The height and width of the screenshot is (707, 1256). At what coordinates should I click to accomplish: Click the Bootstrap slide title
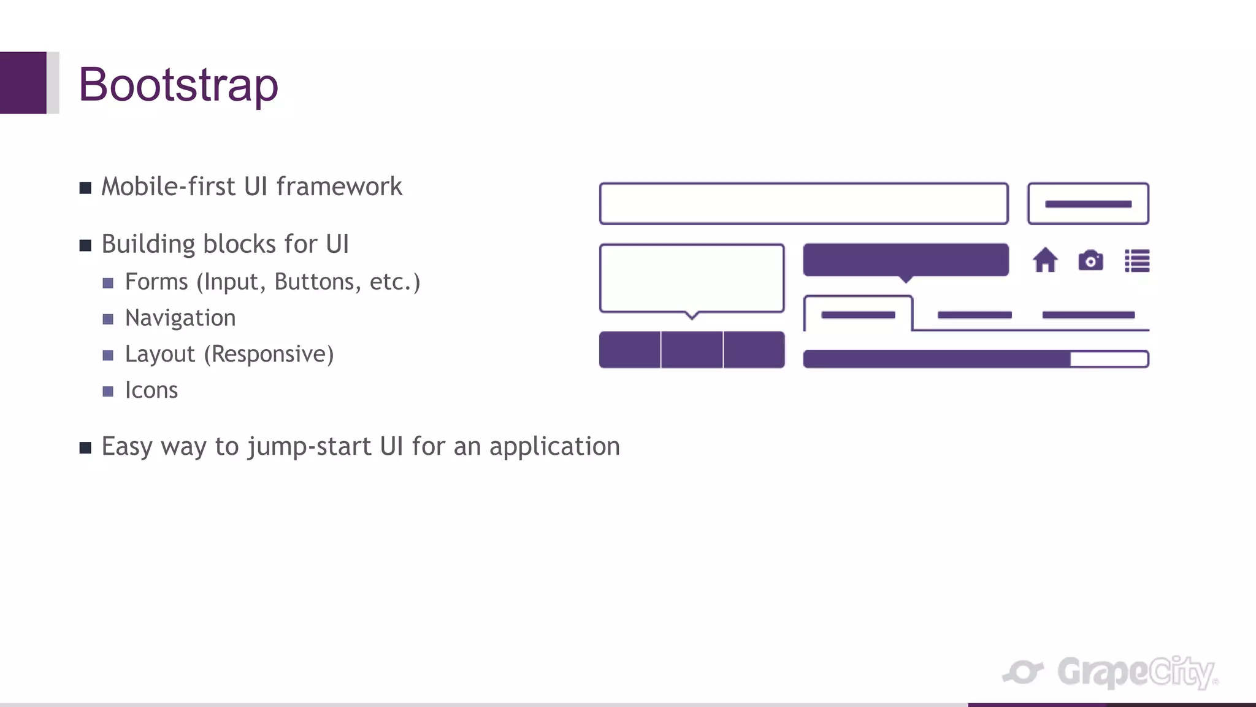click(x=178, y=85)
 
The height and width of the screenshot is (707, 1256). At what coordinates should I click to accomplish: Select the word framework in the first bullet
click(x=339, y=187)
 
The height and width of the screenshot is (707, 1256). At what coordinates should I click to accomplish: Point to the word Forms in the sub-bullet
click(x=156, y=282)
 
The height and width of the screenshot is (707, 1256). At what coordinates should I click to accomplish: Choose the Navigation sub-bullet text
click(x=180, y=318)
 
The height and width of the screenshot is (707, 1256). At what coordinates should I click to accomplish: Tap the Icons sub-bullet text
click(x=151, y=390)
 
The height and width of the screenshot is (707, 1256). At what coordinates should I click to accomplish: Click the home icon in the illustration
click(x=1045, y=260)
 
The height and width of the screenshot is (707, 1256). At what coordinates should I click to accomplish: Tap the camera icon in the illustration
click(x=1090, y=261)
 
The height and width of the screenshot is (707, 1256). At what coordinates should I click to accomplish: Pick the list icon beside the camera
click(x=1137, y=261)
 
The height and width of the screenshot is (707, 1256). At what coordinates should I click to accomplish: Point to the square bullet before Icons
click(x=108, y=392)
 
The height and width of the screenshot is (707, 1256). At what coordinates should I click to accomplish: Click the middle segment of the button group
click(x=692, y=350)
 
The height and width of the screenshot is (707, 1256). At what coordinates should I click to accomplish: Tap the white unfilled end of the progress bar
click(x=1109, y=359)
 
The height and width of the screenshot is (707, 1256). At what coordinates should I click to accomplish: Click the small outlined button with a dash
click(x=1088, y=204)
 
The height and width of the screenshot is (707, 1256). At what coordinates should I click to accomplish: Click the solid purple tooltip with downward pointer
click(x=906, y=260)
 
